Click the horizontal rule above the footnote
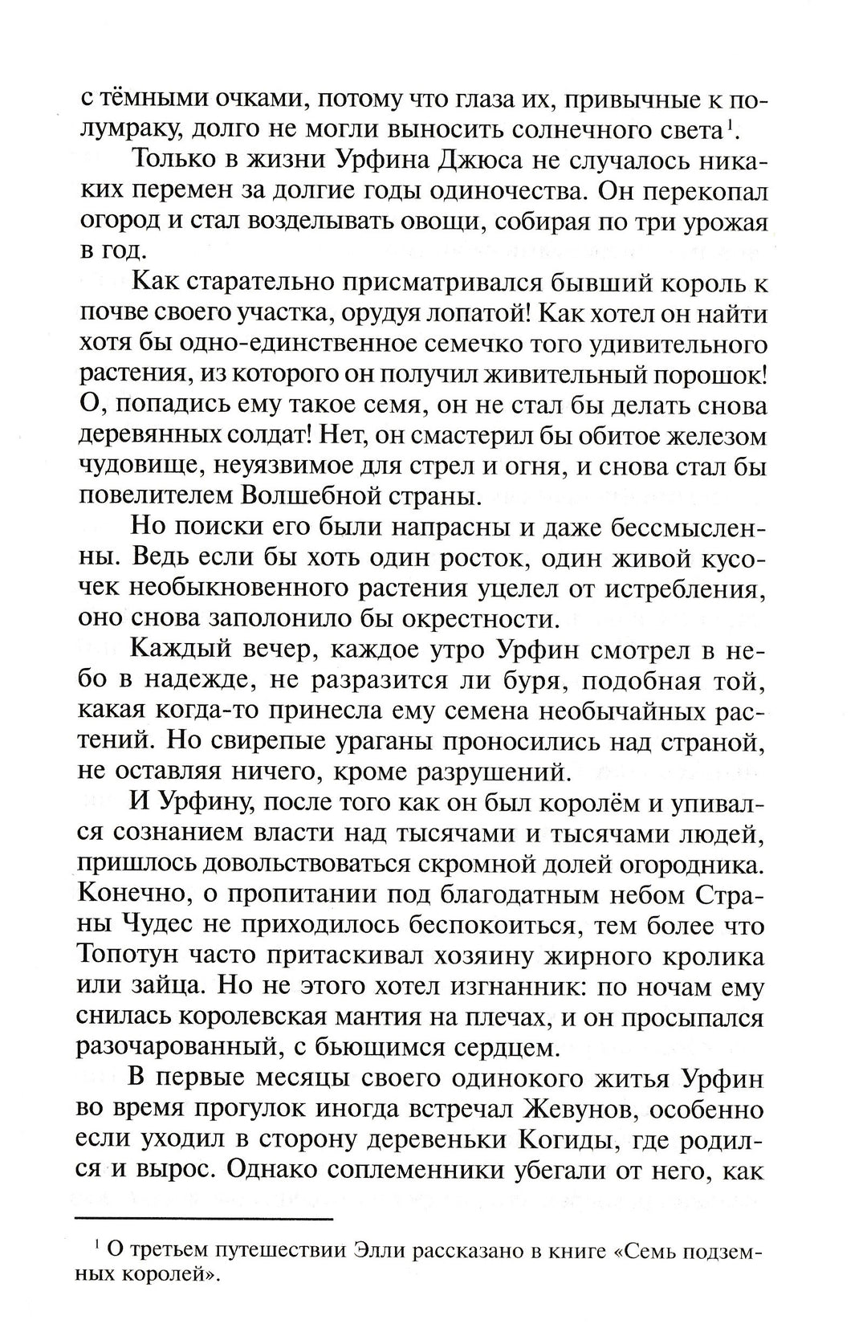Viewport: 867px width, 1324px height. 205,1219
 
